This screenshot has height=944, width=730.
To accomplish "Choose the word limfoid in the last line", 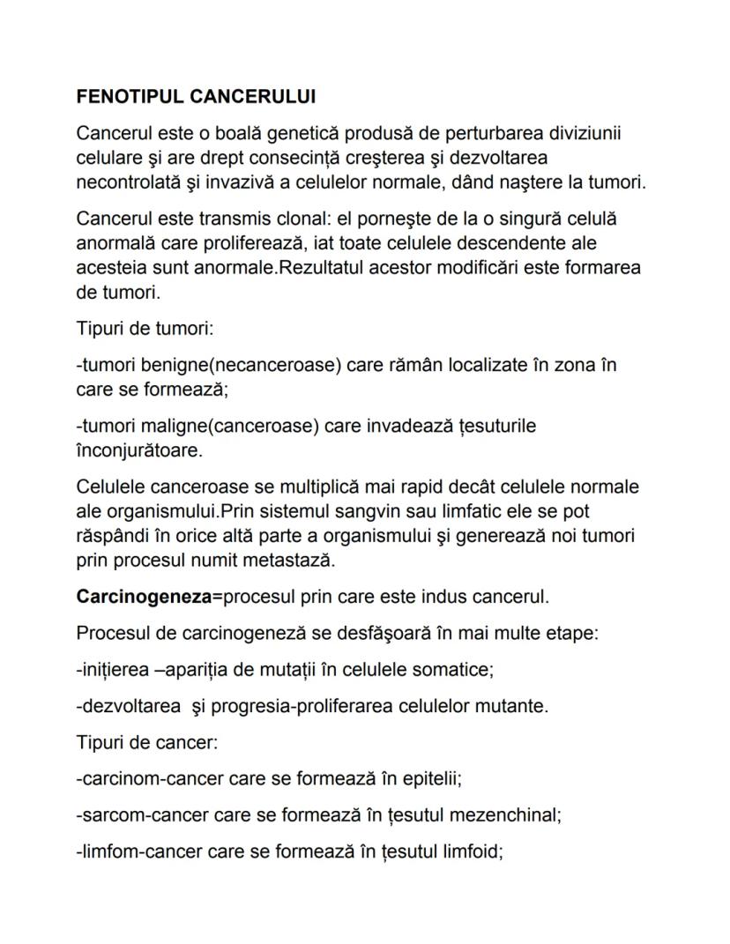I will (473, 851).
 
